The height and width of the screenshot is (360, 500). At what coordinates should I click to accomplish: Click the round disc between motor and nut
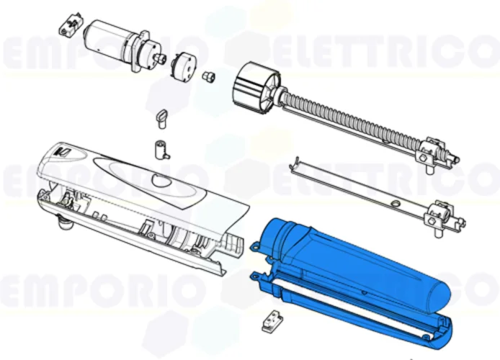(x=182, y=66)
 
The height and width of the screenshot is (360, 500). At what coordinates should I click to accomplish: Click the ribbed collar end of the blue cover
(x=277, y=234)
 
